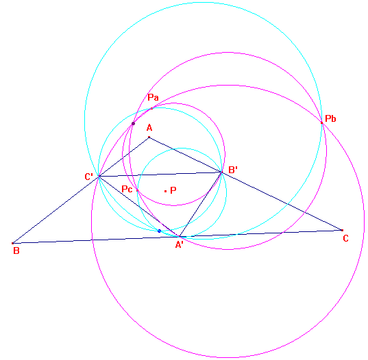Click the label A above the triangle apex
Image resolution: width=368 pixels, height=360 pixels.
click(149, 128)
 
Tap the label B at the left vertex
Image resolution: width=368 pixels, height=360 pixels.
click(16, 250)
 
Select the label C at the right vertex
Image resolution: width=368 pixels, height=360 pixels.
click(345, 239)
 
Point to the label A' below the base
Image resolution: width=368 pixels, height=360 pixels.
click(180, 245)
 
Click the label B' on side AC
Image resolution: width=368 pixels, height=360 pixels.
click(233, 170)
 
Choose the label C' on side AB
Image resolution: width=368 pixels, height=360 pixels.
click(88, 177)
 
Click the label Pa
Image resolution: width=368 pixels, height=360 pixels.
click(153, 97)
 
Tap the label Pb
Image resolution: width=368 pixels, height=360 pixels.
click(330, 118)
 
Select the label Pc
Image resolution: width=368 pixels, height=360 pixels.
click(127, 189)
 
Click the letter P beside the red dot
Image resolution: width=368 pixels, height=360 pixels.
click(173, 190)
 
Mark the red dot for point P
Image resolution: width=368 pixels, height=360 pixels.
click(165, 191)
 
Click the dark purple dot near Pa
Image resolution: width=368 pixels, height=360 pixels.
click(134, 123)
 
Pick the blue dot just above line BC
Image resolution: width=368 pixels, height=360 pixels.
click(159, 231)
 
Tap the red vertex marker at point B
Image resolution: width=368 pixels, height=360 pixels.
click(12, 243)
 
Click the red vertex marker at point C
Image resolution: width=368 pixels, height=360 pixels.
click(342, 230)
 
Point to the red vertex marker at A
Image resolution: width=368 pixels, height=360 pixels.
click(149, 137)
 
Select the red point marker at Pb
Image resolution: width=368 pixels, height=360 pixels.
click(322, 123)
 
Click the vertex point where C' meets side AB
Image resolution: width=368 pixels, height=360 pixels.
click(99, 176)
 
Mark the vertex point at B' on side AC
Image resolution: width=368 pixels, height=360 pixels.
click(221, 172)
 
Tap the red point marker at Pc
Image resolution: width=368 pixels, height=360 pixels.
click(137, 190)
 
